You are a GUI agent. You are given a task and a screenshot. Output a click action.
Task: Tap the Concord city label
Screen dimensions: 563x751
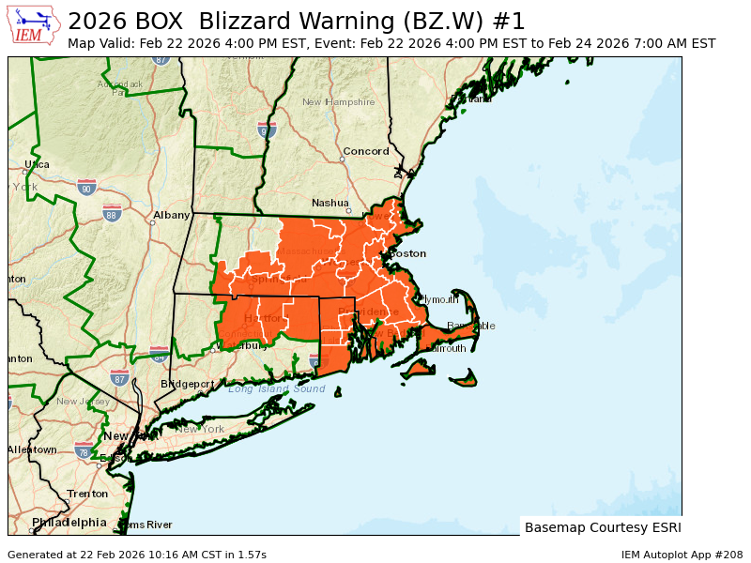pos(365,151)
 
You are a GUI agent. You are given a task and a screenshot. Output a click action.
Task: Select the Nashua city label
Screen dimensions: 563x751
pos(330,203)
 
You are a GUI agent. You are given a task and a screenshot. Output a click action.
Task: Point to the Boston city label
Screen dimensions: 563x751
pos(407,253)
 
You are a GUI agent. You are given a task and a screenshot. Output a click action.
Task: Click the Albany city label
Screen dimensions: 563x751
pos(172,215)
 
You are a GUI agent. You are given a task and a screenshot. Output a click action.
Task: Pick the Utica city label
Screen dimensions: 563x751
pos(37,164)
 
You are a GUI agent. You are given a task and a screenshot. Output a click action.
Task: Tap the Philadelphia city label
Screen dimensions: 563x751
pos(69,522)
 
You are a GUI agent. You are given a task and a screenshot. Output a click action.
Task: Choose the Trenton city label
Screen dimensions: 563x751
pos(87,493)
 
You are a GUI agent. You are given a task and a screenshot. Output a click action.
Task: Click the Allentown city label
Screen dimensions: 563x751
pos(31,449)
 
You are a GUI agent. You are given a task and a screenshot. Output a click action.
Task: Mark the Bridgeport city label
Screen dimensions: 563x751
pos(187,384)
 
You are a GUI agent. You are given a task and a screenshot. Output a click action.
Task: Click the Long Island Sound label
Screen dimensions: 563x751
pos(276,388)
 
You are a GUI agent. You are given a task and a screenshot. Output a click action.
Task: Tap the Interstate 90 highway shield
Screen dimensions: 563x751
pos(87,188)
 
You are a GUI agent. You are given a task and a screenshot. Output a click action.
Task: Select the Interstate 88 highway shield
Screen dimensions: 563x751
pos(112,213)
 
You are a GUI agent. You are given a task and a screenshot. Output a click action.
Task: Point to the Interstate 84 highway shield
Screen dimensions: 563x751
pos(159,354)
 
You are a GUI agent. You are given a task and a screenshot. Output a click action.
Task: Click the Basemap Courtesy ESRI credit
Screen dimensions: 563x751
pos(602,527)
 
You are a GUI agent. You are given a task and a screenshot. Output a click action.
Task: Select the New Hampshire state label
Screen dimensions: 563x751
pos(338,101)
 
